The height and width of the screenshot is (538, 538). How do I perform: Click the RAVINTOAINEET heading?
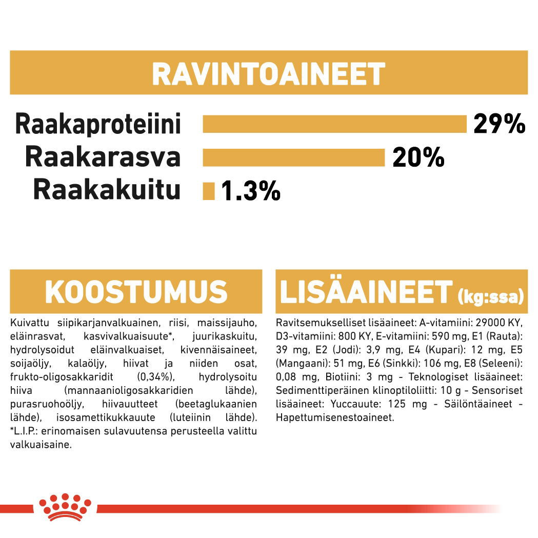[x=268, y=74]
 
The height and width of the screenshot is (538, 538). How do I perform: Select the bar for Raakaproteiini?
[x=334, y=125]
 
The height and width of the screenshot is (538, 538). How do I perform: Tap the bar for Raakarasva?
[x=293, y=157]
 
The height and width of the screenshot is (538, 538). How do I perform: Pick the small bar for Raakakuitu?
[x=209, y=191]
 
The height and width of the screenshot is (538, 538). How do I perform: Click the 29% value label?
[x=499, y=124]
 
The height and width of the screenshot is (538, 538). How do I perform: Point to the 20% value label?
[x=418, y=158]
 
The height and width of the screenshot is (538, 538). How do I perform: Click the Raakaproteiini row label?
[x=98, y=125]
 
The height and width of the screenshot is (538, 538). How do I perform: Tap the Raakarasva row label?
[x=103, y=157]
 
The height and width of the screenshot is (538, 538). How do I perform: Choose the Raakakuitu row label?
[x=107, y=190]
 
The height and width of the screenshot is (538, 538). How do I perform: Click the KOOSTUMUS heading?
[x=136, y=292]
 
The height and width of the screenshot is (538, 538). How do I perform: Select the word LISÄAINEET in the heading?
[x=366, y=292]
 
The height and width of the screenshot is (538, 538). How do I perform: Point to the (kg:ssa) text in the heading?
[x=490, y=296]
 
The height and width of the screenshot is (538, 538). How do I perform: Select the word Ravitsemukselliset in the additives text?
[x=312, y=324]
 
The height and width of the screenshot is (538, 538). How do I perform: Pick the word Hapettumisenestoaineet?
[x=335, y=417]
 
